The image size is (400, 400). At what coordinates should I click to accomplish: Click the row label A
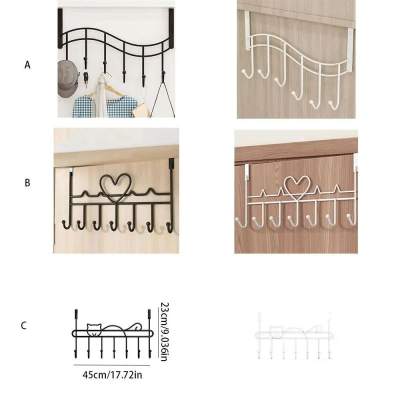pyautogui.click(x=27, y=64)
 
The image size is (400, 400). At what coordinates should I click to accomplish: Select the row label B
pyautogui.click(x=27, y=183)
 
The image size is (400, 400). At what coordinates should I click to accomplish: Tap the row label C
pyautogui.click(x=23, y=325)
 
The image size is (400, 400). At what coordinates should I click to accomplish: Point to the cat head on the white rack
pyautogui.click(x=274, y=331)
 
